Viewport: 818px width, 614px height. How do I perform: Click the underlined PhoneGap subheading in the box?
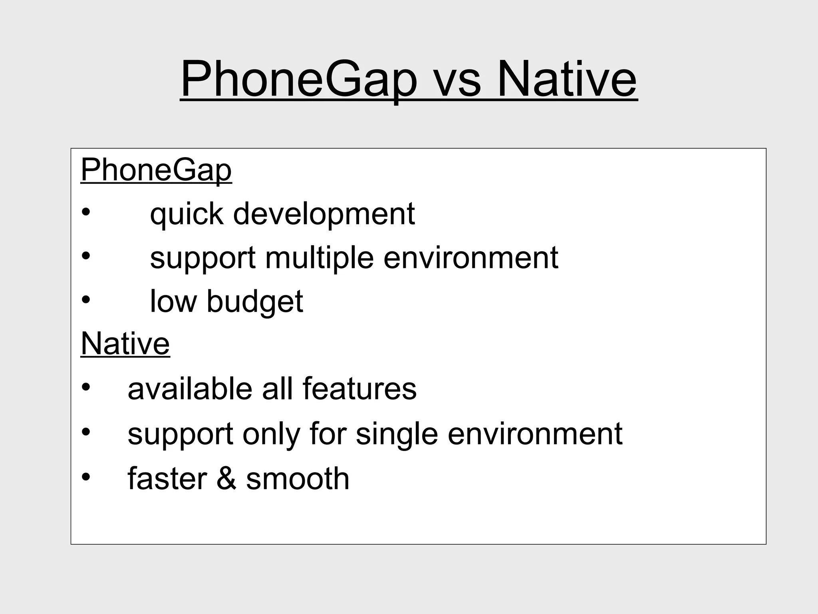pos(156,170)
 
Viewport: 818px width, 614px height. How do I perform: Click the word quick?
pos(186,214)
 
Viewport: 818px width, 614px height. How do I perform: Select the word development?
pos(324,214)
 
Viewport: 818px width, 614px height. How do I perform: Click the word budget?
pos(254,301)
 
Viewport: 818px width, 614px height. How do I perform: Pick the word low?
pos(173,301)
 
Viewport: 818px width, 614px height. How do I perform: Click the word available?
pos(190,389)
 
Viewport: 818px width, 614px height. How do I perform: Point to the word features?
pos(359,389)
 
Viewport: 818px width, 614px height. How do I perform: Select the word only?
pos(271,434)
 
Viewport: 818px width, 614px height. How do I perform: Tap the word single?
pos(397,434)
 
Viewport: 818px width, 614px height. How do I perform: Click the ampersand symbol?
pos(226,478)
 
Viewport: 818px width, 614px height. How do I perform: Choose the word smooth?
pos(298,478)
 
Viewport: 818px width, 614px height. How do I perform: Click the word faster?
pos(167,478)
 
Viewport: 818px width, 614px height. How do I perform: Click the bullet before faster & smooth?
pos(86,476)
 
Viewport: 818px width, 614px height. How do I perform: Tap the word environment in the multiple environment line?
pos(471,258)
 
